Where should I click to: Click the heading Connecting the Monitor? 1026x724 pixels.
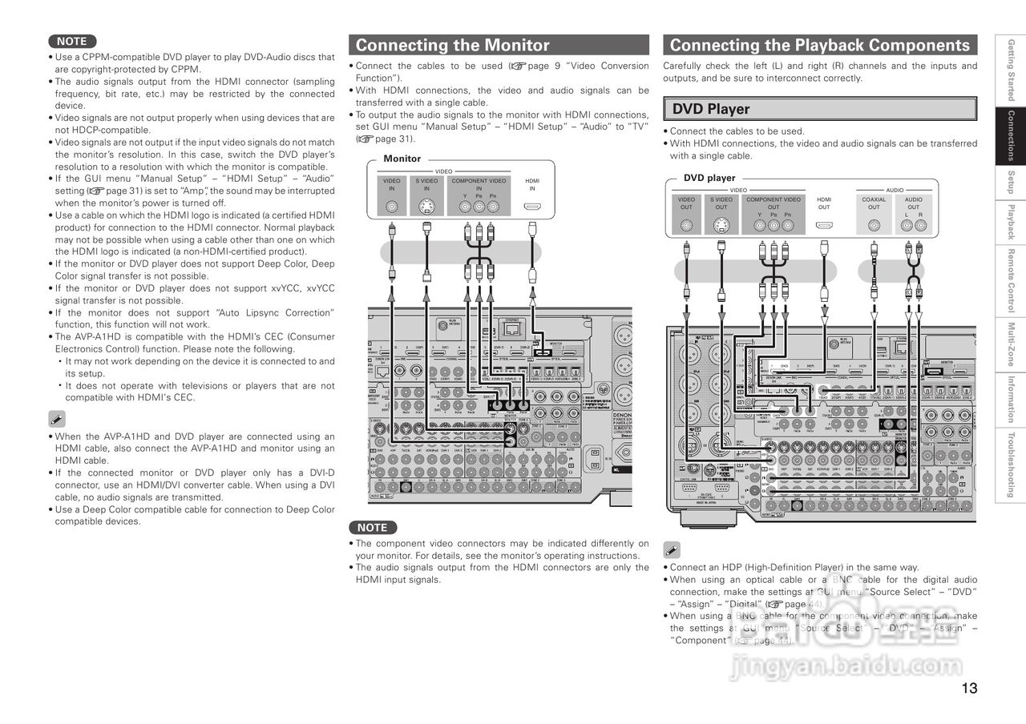[453, 45]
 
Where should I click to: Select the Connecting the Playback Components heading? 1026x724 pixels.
[819, 45]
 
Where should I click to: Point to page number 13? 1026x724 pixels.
[969, 688]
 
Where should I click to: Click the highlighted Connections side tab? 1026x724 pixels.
[1012, 135]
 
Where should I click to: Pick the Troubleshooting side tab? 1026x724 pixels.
[1012, 465]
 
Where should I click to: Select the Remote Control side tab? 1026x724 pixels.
[1012, 280]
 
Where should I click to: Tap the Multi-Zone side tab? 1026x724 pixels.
[1012, 344]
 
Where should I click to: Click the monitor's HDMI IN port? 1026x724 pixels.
[532, 207]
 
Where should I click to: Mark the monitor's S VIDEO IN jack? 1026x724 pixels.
[426, 207]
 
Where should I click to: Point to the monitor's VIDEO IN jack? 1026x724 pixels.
[392, 207]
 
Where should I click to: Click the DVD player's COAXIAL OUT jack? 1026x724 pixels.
[874, 226]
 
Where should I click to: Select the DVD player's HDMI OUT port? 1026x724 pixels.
[824, 225]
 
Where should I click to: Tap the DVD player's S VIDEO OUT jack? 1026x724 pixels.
[721, 226]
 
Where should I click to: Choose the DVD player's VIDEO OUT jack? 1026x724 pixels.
[687, 226]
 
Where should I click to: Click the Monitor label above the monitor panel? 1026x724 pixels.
[402, 159]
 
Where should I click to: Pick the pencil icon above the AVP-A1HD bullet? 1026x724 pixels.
[57, 418]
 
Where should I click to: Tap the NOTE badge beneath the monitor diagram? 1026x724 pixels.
[372, 528]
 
